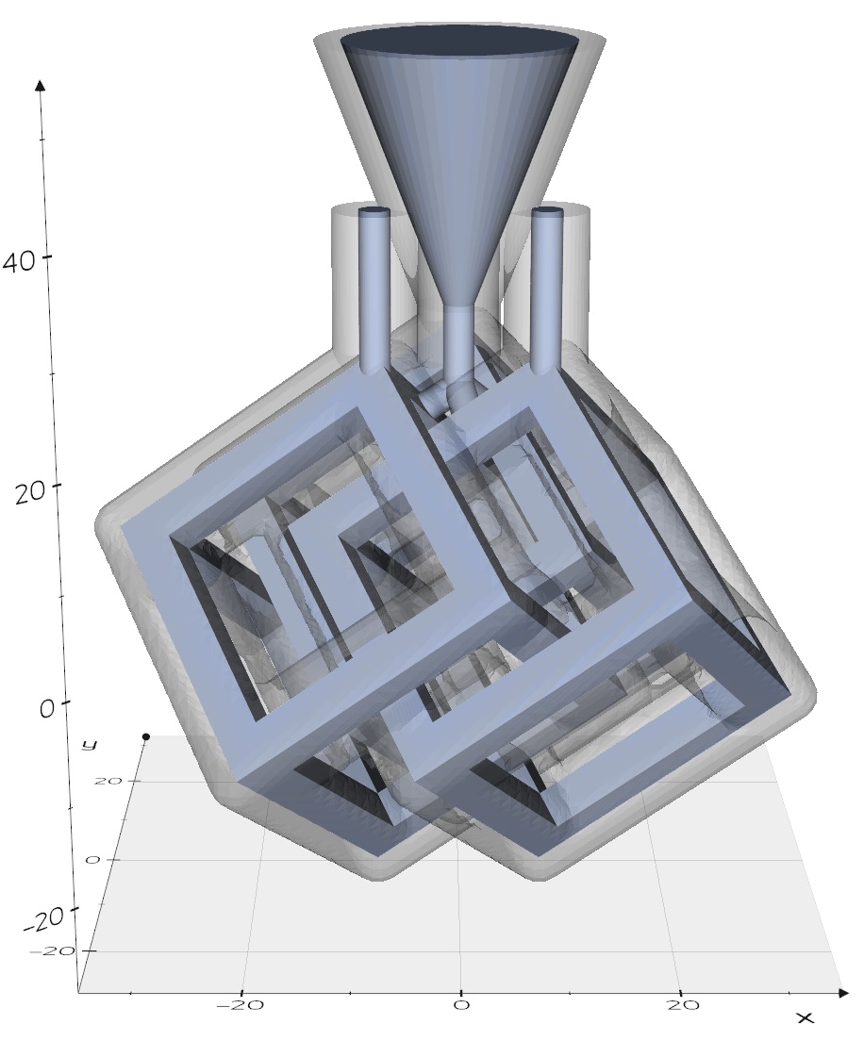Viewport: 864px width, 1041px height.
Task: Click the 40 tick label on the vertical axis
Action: coord(19,261)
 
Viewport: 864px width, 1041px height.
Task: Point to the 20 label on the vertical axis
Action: coord(30,492)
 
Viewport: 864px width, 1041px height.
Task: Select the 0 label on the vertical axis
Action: coord(46,708)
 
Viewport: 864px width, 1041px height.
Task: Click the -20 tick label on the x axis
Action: coord(241,1005)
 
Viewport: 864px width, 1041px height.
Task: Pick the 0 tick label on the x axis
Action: coord(461,1005)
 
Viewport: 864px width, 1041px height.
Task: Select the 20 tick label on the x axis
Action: coord(683,1005)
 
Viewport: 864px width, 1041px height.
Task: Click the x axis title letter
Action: coord(805,1017)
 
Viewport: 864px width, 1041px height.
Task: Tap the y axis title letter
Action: coord(89,744)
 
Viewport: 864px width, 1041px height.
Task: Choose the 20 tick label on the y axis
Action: coord(108,782)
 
